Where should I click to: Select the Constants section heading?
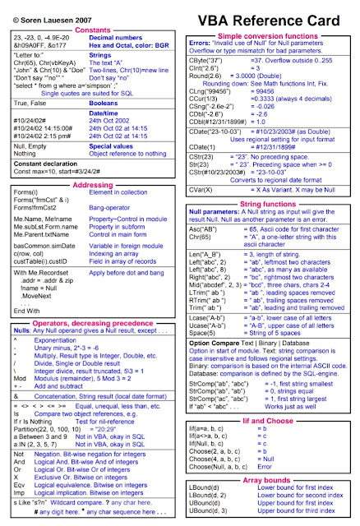click(x=90, y=28)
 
